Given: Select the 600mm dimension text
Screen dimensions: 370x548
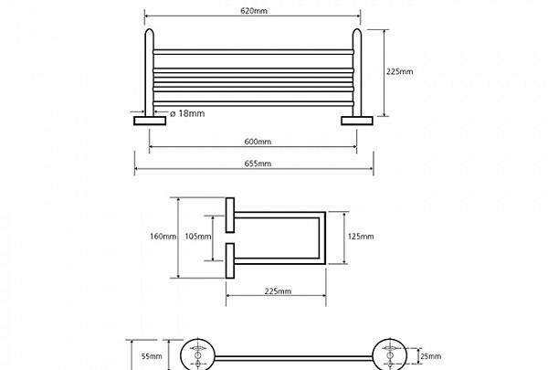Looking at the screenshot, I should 258,142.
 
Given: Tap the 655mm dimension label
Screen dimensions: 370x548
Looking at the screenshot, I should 258,164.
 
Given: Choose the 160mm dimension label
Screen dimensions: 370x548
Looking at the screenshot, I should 162,237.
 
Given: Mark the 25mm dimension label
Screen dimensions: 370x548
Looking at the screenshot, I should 429,355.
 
